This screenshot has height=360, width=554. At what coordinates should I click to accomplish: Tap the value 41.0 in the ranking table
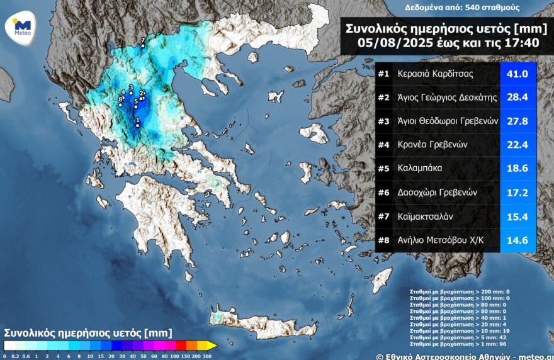point(517,74)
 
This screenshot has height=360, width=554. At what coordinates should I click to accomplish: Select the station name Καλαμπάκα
point(420,169)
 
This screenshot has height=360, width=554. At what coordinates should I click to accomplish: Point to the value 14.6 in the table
point(517,240)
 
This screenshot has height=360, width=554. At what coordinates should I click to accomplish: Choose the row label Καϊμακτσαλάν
point(427,217)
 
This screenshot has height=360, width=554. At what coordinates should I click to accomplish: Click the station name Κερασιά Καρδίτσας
point(435,74)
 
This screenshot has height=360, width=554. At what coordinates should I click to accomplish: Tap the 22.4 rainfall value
point(517,145)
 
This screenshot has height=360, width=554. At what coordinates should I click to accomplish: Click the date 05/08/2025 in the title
point(393,43)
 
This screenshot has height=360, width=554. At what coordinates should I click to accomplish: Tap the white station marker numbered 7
point(143,46)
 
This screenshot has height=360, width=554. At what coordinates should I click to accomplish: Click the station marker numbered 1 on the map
point(137,125)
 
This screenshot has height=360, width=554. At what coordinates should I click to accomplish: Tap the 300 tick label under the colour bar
point(208,356)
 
